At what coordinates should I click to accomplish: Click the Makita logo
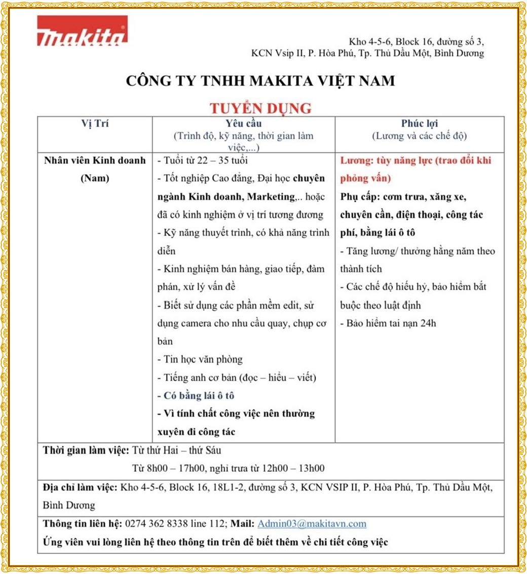click(82, 31)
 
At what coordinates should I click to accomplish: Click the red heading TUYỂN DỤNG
click(260, 108)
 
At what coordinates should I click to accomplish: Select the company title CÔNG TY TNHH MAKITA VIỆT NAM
click(260, 81)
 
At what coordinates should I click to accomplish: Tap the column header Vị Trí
click(95, 124)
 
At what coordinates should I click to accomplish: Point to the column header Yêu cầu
click(243, 124)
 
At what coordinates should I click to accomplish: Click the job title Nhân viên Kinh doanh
click(95, 160)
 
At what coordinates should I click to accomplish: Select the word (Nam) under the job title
click(95, 179)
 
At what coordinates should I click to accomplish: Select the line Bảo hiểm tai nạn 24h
click(388, 323)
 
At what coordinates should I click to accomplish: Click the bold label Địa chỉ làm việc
click(80, 487)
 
